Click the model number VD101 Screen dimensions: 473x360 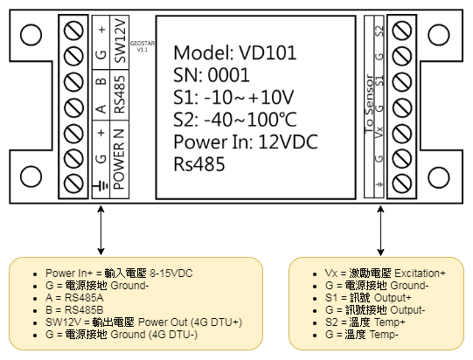[268, 52]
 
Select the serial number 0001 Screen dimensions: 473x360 [229, 75]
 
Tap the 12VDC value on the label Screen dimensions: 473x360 [288, 142]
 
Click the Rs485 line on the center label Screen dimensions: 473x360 [199, 164]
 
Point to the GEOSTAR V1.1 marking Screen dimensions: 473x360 [143, 46]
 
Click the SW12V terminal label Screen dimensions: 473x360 [120, 41]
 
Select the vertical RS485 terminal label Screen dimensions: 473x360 [120, 94]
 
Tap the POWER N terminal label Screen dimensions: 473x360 [119, 159]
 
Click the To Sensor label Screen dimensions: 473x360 [369, 104]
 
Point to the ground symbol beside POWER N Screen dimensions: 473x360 [101, 185]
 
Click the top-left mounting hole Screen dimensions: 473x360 [31, 35]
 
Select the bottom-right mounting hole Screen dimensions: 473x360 [439, 177]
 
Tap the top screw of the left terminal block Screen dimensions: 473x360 [73, 31]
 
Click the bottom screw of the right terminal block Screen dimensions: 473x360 [402, 183]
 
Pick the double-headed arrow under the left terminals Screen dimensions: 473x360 [101, 231]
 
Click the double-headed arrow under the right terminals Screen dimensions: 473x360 [380, 231]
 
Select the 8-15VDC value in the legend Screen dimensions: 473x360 [171, 273]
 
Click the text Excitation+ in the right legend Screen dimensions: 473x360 [420, 273]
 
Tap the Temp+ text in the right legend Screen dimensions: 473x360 [390, 322]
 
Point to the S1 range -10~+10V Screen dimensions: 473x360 [248, 97]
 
